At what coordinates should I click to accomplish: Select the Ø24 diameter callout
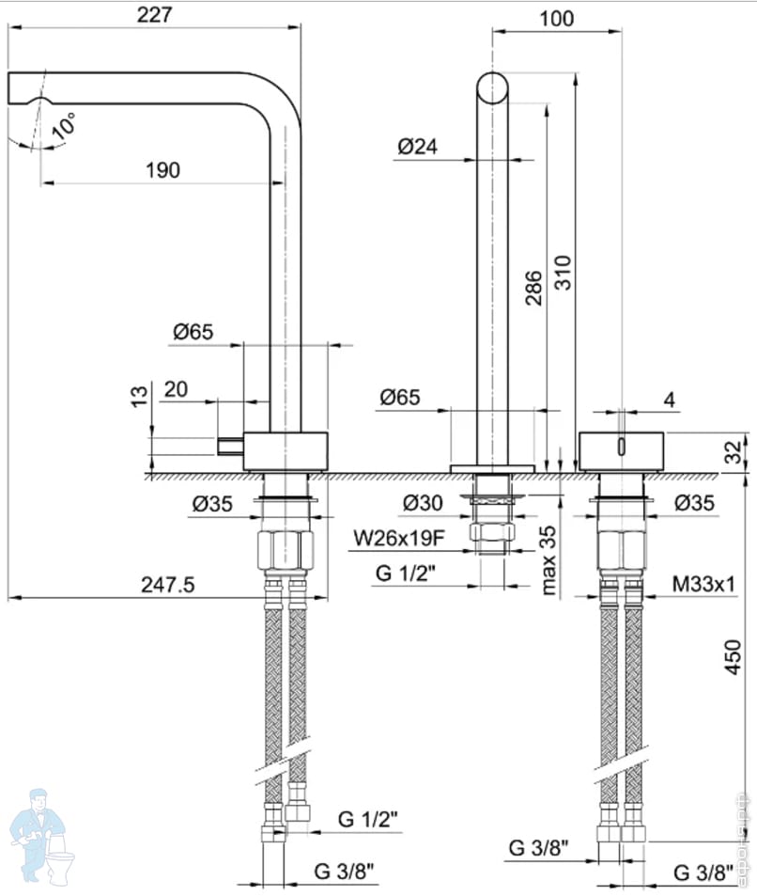[418, 147]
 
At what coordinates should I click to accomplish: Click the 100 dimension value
[558, 18]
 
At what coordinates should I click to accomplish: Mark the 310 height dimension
[563, 273]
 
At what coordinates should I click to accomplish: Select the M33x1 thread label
[703, 585]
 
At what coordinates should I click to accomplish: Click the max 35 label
[549, 559]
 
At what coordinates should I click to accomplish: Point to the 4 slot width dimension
[669, 400]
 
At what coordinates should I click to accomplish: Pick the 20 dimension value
[177, 389]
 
